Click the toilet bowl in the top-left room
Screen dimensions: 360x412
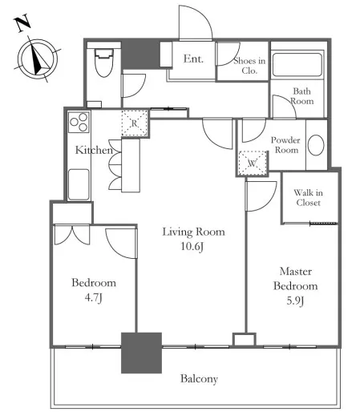[103, 63]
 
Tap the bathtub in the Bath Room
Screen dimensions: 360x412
[297, 65]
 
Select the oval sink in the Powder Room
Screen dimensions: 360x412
[316, 145]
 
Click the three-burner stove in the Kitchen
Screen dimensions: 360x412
[79, 123]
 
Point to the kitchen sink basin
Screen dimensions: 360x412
[79, 184]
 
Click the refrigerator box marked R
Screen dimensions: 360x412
[135, 123]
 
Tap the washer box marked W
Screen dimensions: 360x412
[253, 164]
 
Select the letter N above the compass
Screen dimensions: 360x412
[22, 23]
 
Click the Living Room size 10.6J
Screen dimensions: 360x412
[192, 246]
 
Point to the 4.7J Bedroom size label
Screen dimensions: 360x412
[93, 297]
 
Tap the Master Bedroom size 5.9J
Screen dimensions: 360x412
[295, 301]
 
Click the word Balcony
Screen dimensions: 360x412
[199, 379]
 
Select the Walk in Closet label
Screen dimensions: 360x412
[308, 197]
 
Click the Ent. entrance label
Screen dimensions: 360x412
[193, 59]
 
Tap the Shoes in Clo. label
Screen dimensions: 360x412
[249, 66]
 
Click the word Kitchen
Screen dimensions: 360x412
[94, 150]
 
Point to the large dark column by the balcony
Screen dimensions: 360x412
[141, 353]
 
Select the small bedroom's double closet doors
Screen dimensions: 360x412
[72, 235]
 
